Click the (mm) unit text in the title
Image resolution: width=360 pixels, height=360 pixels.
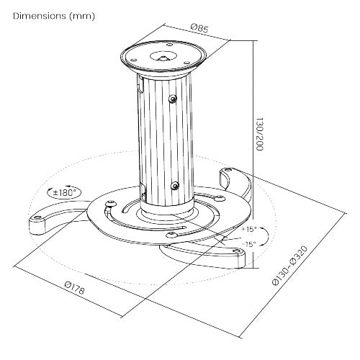(82, 15)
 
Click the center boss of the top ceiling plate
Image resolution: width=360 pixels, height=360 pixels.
(165, 55)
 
